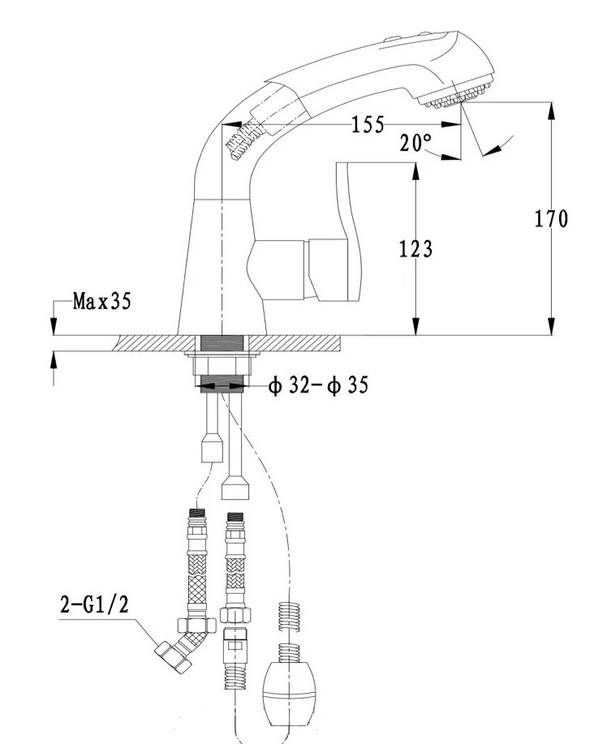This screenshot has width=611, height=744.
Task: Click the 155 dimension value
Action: click(x=368, y=124)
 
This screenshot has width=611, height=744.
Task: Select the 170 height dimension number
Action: click(x=551, y=218)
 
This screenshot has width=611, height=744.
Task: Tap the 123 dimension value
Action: click(x=415, y=249)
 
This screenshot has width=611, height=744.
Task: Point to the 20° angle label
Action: click(x=415, y=144)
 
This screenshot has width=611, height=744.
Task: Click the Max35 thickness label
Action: click(x=101, y=302)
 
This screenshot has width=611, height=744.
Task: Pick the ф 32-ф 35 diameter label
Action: click(x=317, y=386)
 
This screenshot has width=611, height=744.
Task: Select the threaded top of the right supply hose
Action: click(x=235, y=518)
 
